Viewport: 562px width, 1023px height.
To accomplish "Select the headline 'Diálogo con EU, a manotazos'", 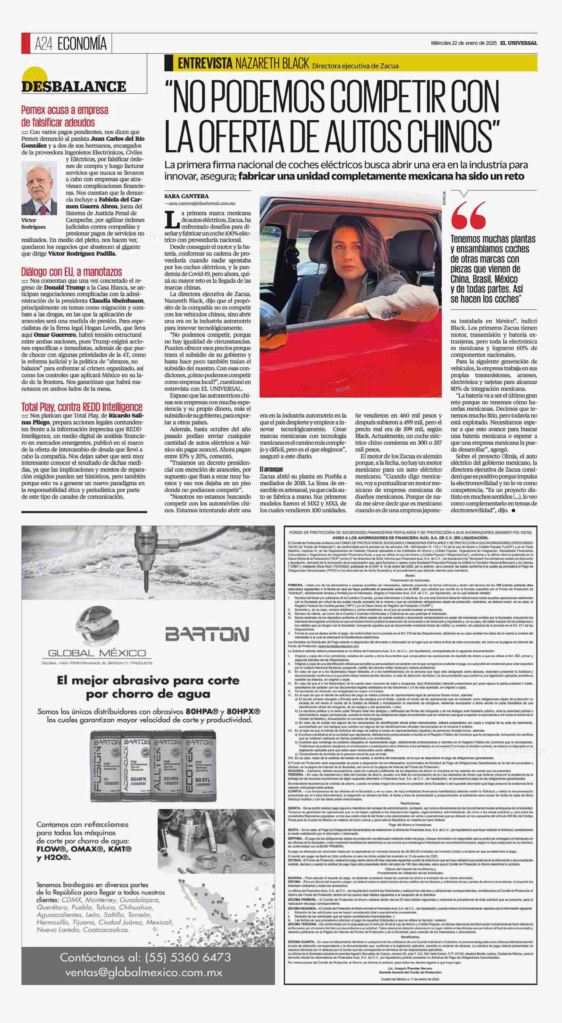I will pyautogui.click(x=71, y=272).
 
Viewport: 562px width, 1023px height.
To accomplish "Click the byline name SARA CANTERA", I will pyautogui.click(x=186, y=196).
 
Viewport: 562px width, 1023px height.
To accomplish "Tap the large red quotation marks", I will pyautogui.click(x=469, y=214).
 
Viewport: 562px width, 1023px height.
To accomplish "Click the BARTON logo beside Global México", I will pyautogui.click(x=207, y=634).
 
